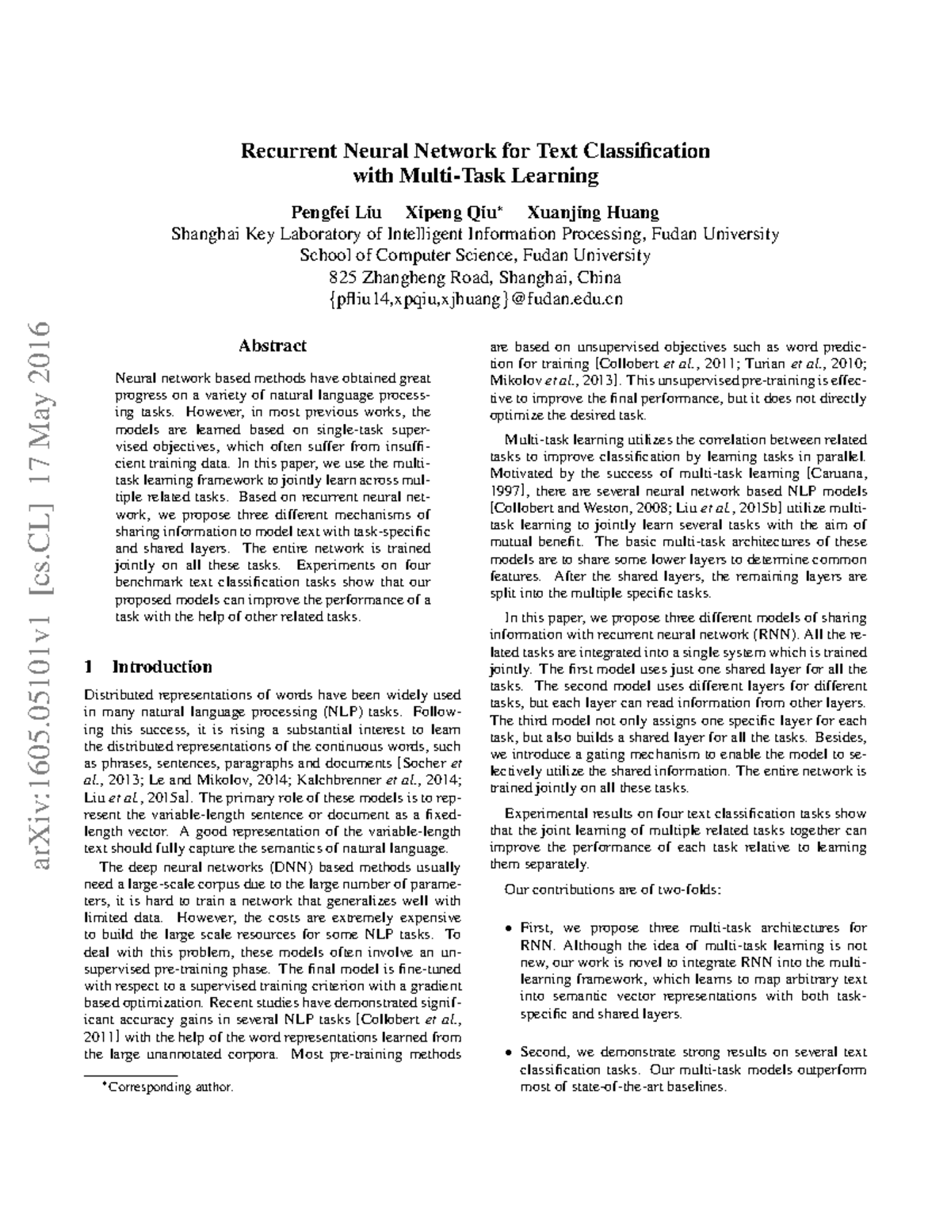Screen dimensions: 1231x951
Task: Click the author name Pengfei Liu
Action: [x=336, y=212]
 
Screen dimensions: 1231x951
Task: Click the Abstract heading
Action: [x=273, y=346]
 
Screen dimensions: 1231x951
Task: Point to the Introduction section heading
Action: [x=162, y=666]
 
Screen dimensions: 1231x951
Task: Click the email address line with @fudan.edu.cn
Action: [x=475, y=299]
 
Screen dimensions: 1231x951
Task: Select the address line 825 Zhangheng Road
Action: [x=475, y=277]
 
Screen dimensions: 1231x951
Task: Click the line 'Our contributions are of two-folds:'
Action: [x=613, y=889]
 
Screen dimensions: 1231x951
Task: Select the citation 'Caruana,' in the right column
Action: [x=838, y=474]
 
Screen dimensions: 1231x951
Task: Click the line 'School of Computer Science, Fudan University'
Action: [x=475, y=255]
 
